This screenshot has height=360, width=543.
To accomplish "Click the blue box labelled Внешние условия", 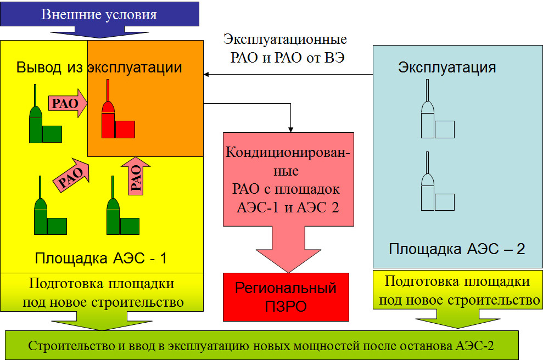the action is pyautogui.click(x=99, y=14).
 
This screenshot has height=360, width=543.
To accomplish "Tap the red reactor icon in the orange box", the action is pyautogui.click(x=117, y=114).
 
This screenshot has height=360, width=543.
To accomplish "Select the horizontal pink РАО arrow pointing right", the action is pyautogui.click(x=68, y=103).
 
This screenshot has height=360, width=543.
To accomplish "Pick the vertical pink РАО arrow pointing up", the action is pyautogui.click(x=136, y=176).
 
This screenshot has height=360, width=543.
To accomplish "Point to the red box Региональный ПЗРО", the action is pyautogui.click(x=286, y=297).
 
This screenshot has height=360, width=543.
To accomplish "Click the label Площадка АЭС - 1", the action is pyautogui.click(x=101, y=258).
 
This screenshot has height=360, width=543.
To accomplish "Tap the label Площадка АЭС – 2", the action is pyautogui.click(x=457, y=249).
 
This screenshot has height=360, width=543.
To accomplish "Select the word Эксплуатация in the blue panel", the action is pyautogui.click(x=447, y=67).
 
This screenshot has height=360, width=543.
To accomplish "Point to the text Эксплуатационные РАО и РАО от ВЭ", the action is pyautogui.click(x=286, y=48).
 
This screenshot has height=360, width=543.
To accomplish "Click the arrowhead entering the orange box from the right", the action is pyautogui.click(x=206, y=75).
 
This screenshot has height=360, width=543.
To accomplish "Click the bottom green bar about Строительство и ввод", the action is pyautogui.click(x=262, y=345).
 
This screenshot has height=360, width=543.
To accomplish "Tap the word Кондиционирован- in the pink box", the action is pyautogui.click(x=288, y=153).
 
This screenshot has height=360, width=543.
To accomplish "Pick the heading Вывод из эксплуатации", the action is pyautogui.click(x=99, y=67).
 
